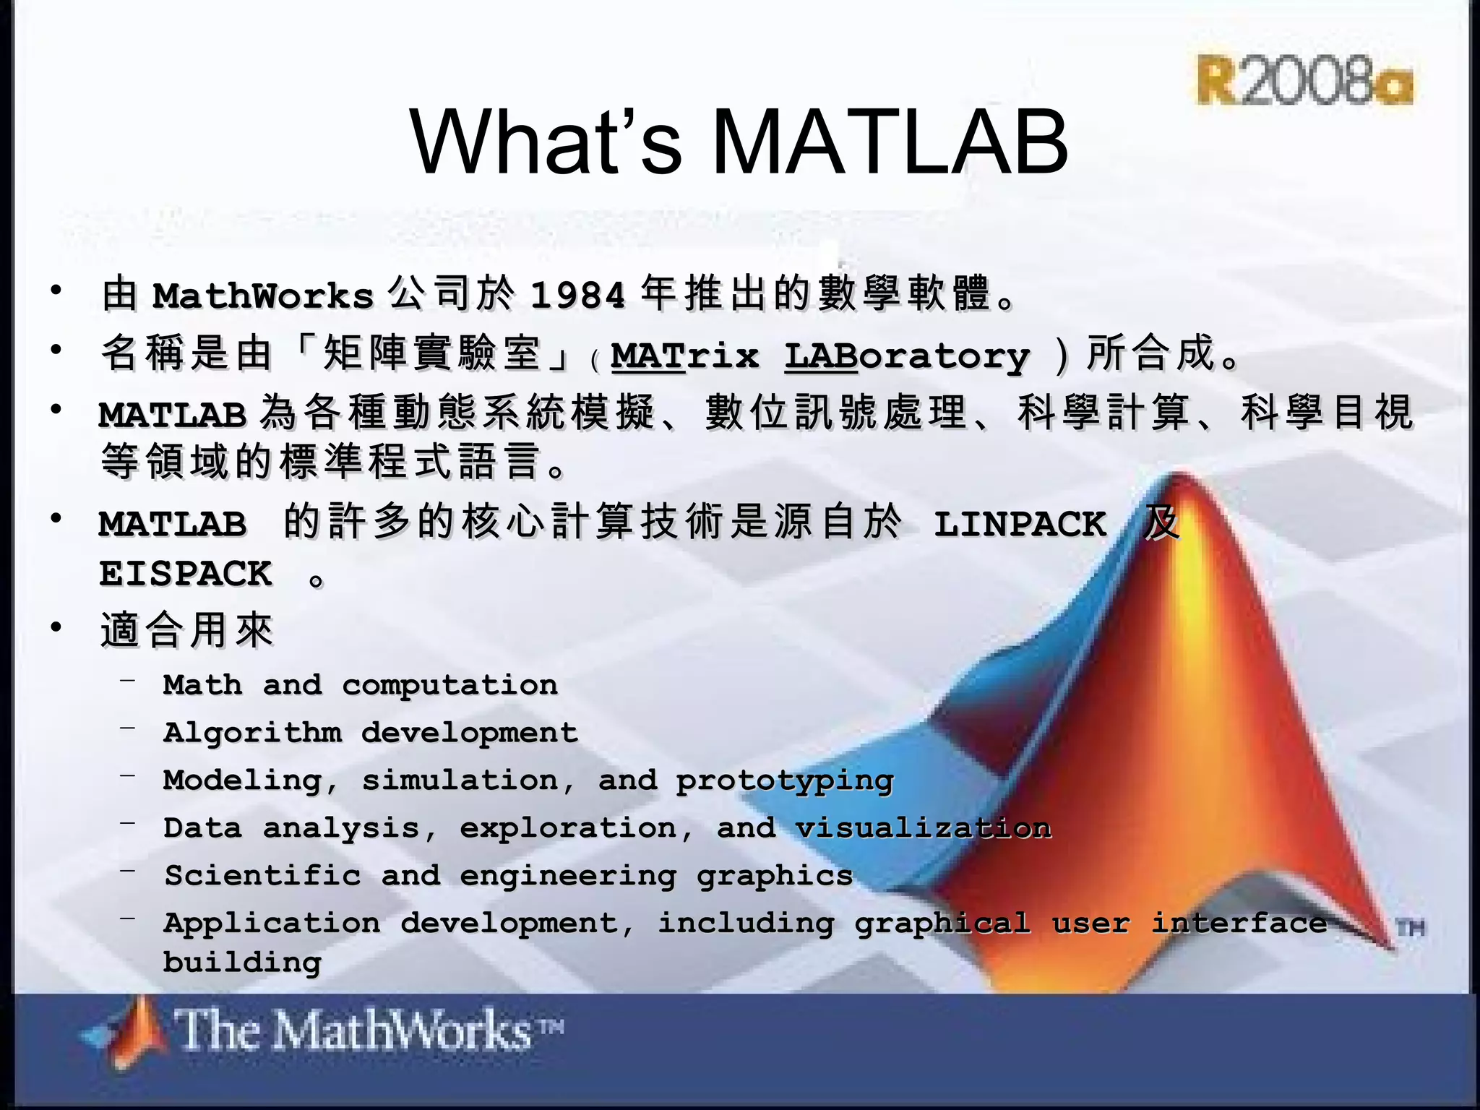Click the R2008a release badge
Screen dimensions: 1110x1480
coord(1304,80)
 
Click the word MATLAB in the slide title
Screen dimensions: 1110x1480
coord(890,142)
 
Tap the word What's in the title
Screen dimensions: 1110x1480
coord(546,142)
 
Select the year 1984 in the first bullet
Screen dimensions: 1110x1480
coord(577,296)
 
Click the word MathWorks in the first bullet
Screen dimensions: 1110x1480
coord(263,296)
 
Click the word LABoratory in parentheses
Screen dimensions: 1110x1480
coord(907,356)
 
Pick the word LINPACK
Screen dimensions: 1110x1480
coord(1020,524)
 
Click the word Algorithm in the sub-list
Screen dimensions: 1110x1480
coord(252,733)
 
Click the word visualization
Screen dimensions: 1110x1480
coord(923,828)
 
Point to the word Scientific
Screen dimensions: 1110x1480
coord(262,876)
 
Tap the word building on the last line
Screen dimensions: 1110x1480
coord(242,963)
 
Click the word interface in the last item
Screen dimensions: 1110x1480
coord(1239,924)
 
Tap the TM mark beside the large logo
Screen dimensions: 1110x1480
coord(1410,928)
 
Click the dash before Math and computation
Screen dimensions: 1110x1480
coord(129,679)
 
